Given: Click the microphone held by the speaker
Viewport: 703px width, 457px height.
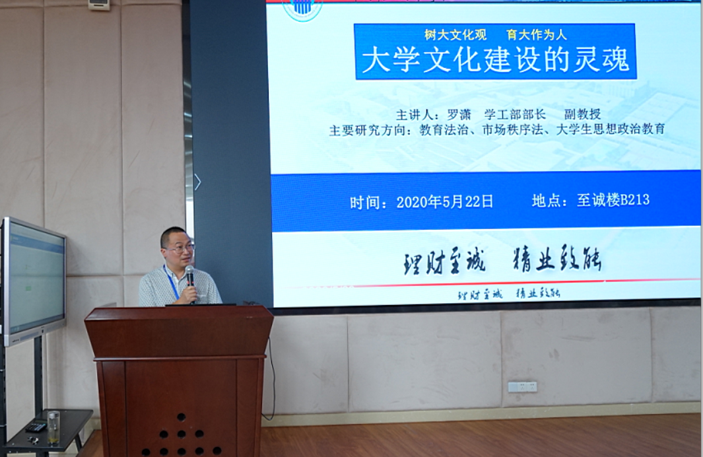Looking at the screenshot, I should tap(189, 275).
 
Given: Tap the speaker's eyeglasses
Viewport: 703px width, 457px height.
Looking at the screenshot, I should tap(180, 248).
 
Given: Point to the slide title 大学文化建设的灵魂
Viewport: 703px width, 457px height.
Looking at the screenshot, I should tap(495, 61).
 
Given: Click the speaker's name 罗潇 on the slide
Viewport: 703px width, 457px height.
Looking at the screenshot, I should tap(459, 114).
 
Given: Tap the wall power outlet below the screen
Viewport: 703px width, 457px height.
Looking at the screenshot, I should tap(522, 386).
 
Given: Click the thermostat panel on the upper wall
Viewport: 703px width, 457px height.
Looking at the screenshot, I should tap(99, 5).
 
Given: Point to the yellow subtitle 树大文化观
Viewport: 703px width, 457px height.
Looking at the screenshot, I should tap(455, 35).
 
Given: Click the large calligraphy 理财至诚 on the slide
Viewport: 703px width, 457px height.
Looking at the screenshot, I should tap(444, 262).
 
